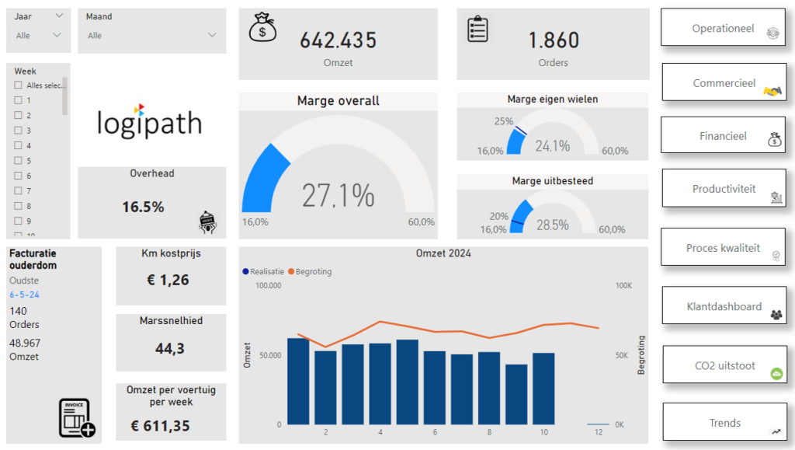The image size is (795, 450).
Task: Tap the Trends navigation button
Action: coord(724,423)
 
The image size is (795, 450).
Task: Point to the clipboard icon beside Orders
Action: coord(477,30)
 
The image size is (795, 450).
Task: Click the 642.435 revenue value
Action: coord(338,40)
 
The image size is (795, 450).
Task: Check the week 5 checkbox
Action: coord(18,161)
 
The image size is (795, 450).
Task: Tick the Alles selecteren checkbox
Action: coord(18,85)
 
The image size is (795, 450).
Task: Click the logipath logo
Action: coord(149,121)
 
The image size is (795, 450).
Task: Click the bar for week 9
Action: coord(516,394)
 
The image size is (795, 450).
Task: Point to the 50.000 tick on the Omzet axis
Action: coord(268,355)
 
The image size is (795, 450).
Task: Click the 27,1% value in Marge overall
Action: coord(338,196)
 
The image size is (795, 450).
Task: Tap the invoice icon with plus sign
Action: coord(77,418)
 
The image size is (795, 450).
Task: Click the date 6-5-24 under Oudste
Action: coord(24,295)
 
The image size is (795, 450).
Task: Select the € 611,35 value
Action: coord(160,426)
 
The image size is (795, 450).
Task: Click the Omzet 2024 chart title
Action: coord(443,253)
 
